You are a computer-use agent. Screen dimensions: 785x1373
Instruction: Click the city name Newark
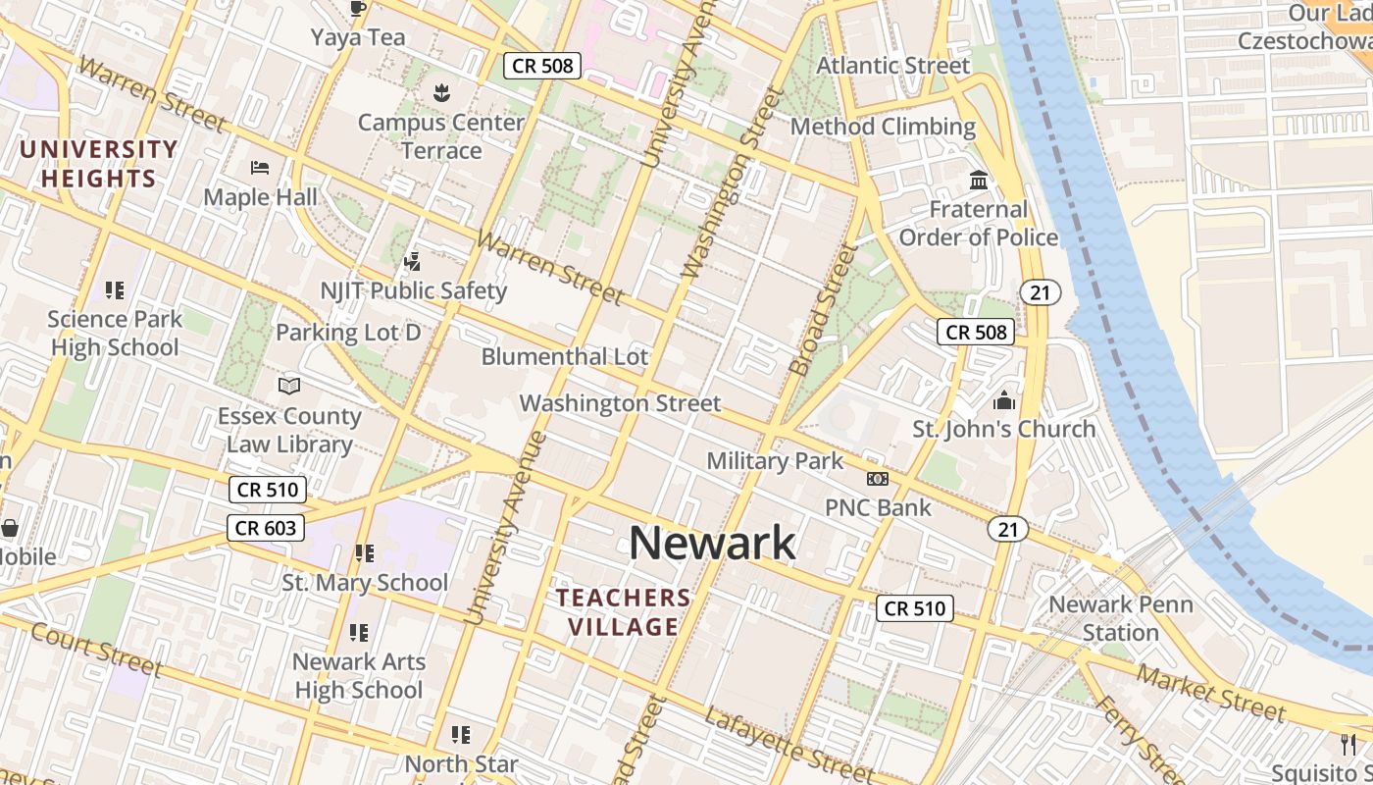pos(712,543)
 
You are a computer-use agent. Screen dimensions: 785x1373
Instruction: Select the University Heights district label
pos(98,164)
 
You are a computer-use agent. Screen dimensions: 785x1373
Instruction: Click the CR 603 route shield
pos(266,528)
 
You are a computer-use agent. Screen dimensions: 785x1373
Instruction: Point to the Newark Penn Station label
pos(1121,618)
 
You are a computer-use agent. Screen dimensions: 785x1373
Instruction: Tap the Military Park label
pos(775,460)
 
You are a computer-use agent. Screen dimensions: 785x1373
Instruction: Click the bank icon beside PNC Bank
pos(877,479)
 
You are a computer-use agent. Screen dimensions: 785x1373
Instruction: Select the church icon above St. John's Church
pos(1003,400)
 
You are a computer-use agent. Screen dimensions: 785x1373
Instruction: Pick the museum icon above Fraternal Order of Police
pos(978,181)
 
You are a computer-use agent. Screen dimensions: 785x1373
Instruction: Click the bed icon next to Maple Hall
pos(260,168)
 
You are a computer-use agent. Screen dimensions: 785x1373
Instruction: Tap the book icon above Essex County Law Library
pos(289,387)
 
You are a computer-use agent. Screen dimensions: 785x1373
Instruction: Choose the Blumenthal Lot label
pos(565,356)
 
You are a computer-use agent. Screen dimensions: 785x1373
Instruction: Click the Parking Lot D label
pos(348,332)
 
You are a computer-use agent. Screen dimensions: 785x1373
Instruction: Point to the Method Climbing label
pos(883,127)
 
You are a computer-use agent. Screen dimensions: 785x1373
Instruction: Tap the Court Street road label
pos(95,649)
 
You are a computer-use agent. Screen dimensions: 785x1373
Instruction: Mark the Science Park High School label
pos(115,333)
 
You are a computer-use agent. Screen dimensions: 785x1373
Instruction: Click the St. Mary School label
pos(365,583)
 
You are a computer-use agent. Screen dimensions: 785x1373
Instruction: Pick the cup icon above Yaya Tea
pos(358,9)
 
